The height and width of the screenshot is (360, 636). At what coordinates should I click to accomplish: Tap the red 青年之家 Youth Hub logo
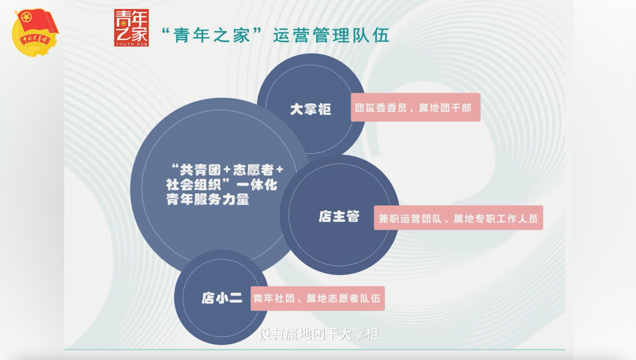click(x=131, y=28)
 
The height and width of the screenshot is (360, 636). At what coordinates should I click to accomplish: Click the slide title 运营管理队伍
click(x=331, y=36)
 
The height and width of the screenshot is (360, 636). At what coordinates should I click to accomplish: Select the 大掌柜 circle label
click(x=311, y=109)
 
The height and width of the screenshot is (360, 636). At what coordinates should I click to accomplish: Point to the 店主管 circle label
click(x=339, y=217)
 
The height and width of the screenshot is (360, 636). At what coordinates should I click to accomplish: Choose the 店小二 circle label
click(x=221, y=298)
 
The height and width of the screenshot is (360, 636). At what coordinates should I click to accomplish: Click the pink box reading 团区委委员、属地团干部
click(x=415, y=108)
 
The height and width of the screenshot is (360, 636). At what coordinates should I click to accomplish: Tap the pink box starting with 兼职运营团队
click(x=458, y=218)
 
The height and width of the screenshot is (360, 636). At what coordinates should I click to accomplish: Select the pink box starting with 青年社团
click(x=317, y=299)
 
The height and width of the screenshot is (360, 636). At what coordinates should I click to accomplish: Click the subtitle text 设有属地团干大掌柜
click(x=319, y=334)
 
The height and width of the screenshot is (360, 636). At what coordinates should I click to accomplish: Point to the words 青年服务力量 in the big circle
click(x=208, y=199)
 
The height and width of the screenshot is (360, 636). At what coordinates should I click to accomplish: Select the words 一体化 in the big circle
click(x=257, y=185)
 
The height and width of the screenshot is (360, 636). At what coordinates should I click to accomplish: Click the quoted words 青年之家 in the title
click(x=211, y=36)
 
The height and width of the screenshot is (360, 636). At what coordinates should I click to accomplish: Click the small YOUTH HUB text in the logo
click(x=131, y=44)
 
